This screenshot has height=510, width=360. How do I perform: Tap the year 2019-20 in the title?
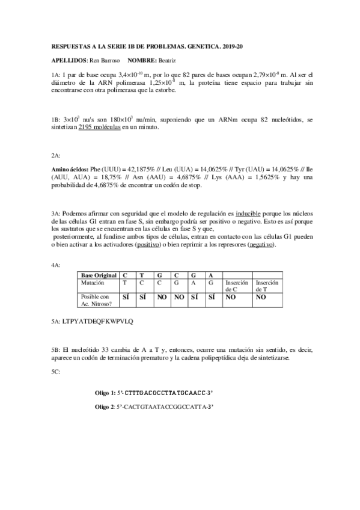[231, 46]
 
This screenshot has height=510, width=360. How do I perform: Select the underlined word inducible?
[247, 214]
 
